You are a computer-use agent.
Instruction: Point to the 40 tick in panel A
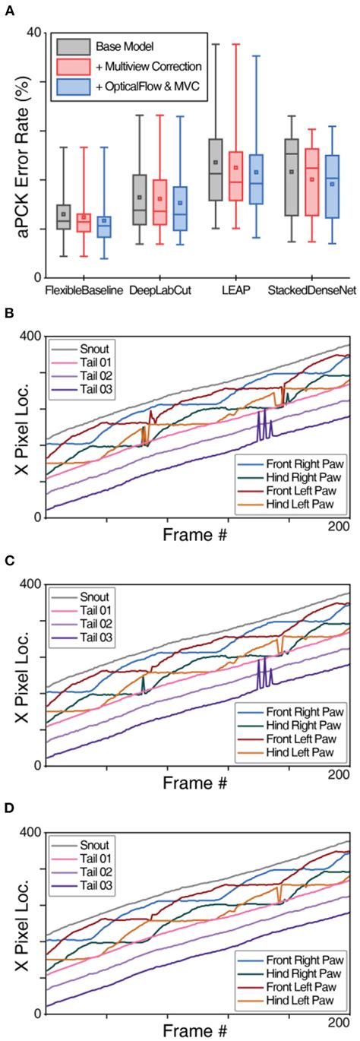tap(33, 33)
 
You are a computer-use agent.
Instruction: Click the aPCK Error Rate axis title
tap(14, 156)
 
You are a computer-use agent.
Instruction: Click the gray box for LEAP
tap(216, 170)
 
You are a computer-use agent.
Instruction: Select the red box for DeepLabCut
tap(159, 202)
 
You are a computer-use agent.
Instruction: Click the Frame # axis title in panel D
tap(194, 1030)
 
